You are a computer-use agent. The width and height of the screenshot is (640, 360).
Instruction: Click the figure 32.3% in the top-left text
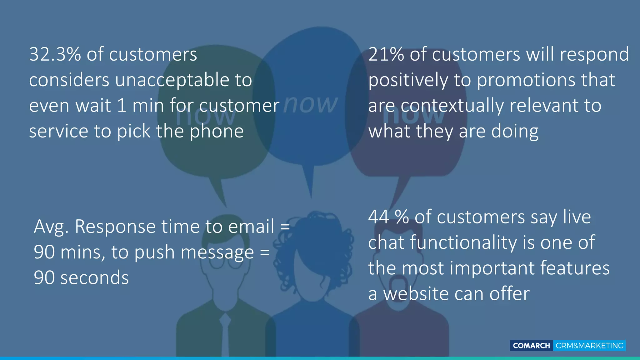55,54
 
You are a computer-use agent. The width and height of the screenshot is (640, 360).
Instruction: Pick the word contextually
452,106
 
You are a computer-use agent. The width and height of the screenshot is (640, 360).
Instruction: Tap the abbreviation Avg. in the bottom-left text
51,227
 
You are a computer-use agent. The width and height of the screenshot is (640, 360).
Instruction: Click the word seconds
94,278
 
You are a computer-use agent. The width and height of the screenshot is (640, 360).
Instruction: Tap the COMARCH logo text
531,346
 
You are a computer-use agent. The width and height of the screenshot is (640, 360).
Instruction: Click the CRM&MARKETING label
589,346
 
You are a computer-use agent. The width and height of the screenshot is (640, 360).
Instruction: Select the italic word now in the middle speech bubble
311,104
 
